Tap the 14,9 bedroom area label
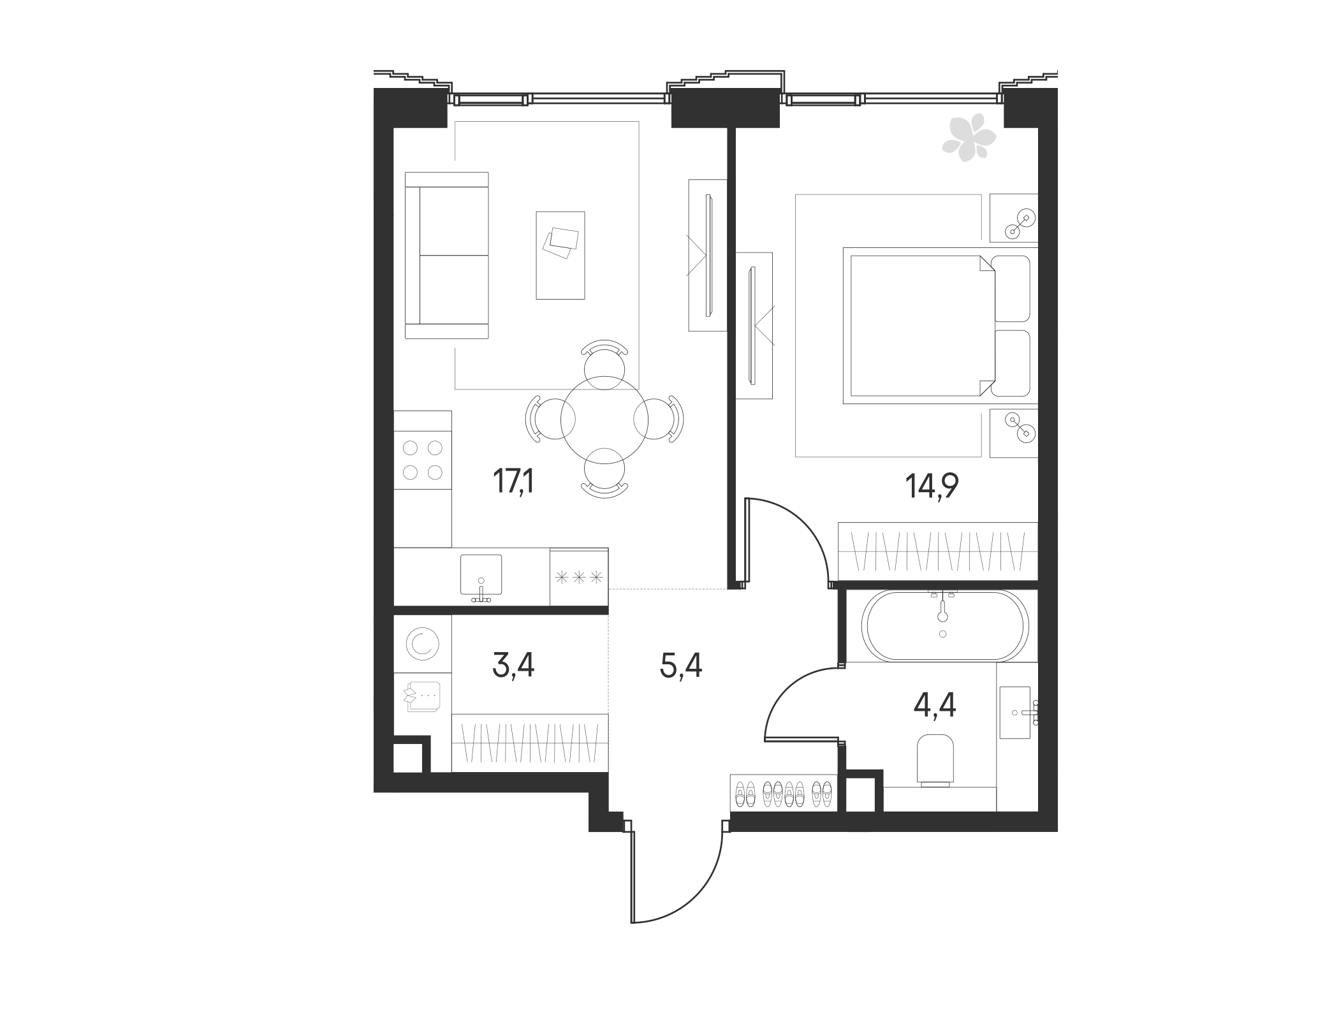[x=932, y=487]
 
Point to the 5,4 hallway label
[x=681, y=667]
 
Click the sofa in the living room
[x=447, y=255]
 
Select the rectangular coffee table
[x=560, y=255]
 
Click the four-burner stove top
[x=423, y=460]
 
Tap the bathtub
[x=944, y=625]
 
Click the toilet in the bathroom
[x=935, y=759]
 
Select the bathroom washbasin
[x=1015, y=713]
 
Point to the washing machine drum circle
[x=423, y=644]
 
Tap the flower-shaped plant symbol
[x=969, y=138]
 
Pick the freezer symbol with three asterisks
[x=579, y=578]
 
